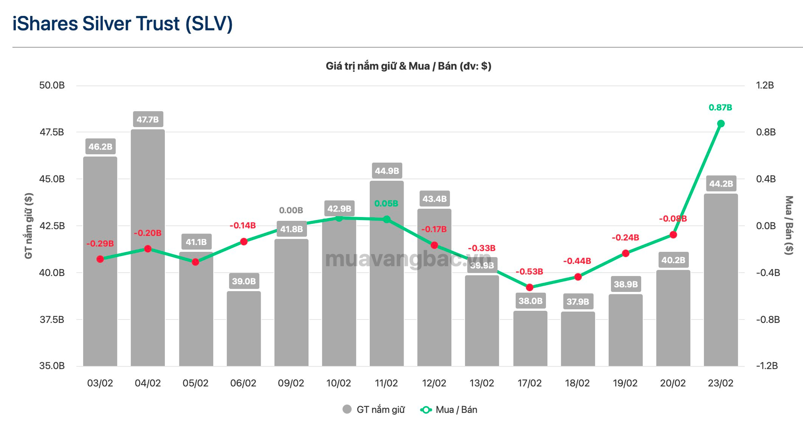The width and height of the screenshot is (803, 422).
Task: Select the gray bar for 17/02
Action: pos(530,339)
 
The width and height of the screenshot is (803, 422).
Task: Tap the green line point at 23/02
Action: pos(721,124)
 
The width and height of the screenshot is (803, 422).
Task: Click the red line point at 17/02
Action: pos(529,287)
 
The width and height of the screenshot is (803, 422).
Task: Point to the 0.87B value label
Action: pos(720,107)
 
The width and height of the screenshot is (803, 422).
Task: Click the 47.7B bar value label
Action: pos(148,120)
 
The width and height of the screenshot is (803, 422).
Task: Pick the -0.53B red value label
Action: pos(529,272)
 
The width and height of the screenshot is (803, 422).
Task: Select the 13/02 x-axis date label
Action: pos(482,383)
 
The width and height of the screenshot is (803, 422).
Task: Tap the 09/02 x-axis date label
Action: pos(291,383)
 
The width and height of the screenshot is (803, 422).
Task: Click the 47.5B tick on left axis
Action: pos(52,132)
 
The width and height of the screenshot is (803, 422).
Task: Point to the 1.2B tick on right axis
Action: pos(765,85)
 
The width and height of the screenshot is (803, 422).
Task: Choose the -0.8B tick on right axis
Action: pos(768,320)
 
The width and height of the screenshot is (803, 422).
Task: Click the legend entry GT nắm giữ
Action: pos(374,410)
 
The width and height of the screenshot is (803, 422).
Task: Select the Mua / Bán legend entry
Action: pos(449,410)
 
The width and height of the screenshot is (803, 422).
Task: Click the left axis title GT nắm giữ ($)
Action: pos(28,226)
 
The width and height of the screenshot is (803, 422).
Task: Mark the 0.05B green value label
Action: pos(386,204)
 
